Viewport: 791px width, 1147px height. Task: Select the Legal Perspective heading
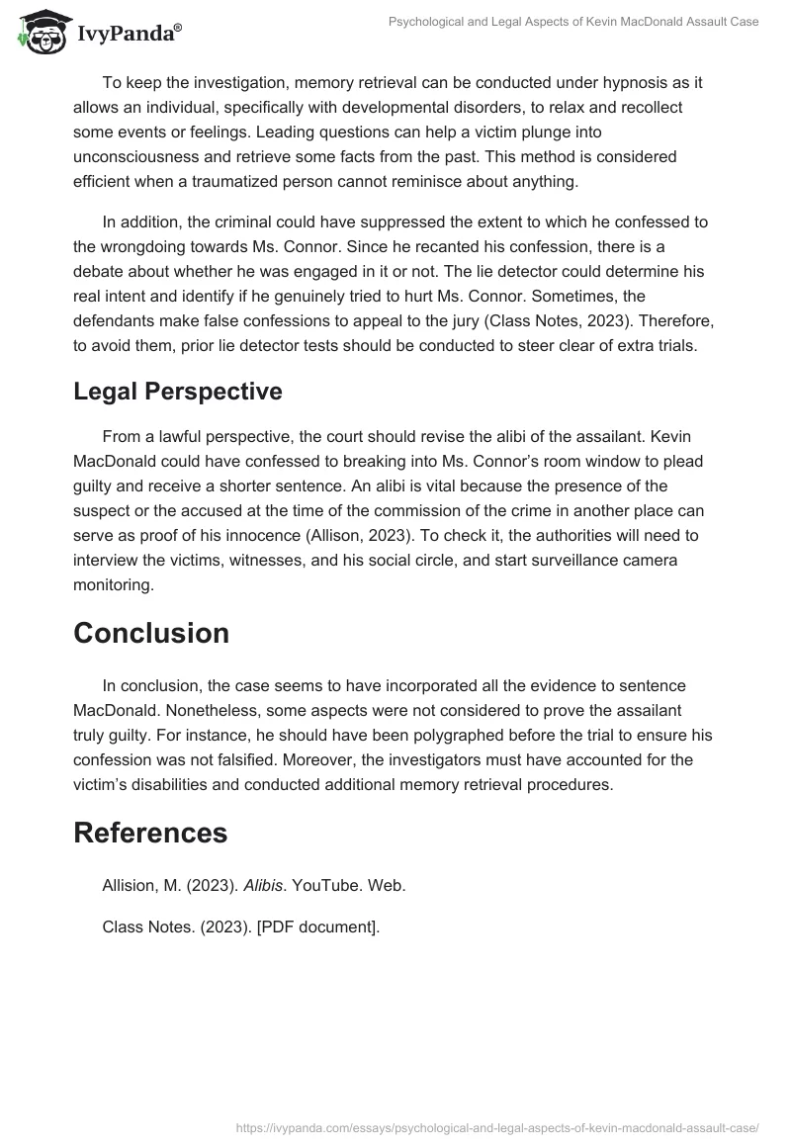click(x=178, y=391)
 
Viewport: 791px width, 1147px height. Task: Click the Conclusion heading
click(x=151, y=633)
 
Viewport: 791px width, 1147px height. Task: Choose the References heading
click(x=150, y=833)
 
